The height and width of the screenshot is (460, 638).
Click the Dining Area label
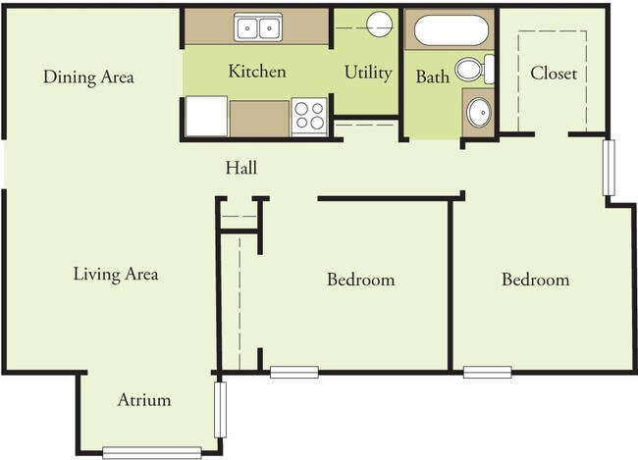click(x=88, y=77)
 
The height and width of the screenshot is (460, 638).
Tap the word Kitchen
click(x=257, y=72)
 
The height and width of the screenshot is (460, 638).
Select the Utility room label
click(x=368, y=74)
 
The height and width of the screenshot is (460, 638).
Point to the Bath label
click(x=433, y=77)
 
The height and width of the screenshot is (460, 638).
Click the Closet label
click(x=554, y=74)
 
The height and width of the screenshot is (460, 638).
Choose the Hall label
click(x=241, y=168)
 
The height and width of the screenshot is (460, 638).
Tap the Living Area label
click(x=116, y=274)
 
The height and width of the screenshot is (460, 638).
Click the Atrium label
click(x=144, y=400)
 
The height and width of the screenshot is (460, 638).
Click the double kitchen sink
click(x=258, y=26)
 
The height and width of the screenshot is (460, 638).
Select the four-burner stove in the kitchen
click(x=309, y=116)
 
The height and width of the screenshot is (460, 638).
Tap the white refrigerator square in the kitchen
click(x=206, y=117)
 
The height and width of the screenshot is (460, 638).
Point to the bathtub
click(x=451, y=30)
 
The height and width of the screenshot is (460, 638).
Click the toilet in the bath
click(x=474, y=69)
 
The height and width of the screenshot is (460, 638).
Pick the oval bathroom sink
click(x=479, y=112)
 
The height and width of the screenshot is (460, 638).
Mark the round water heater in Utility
click(x=379, y=25)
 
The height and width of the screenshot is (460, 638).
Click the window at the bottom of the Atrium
click(x=152, y=453)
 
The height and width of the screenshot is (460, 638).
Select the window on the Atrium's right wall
click(x=220, y=410)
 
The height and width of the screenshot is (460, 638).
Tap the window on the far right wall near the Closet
click(x=609, y=168)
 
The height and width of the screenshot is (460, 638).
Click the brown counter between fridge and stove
click(x=259, y=119)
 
